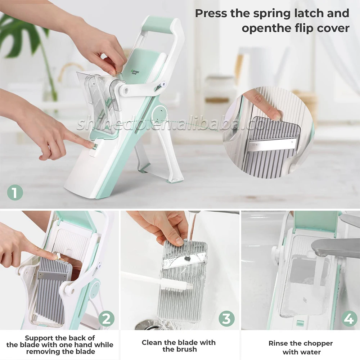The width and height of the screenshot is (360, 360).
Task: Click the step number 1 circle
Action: (x=15, y=193)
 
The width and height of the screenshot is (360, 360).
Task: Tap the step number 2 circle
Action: (x=107, y=319)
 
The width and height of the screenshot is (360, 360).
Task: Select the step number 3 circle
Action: (x=226, y=319)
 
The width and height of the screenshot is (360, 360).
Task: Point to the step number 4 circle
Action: (x=349, y=319)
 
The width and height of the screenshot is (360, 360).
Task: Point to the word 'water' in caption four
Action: (x=311, y=352)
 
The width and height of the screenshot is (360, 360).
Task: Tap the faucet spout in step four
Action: (x=335, y=247)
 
